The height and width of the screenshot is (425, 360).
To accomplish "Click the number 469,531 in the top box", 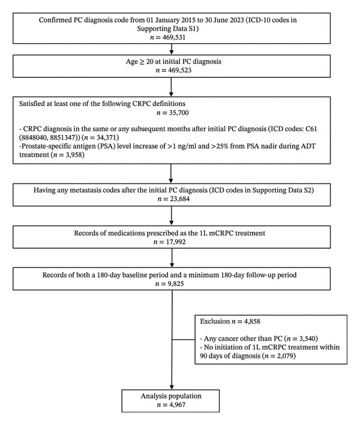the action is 174,37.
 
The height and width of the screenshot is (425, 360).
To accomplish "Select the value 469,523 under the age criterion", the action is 179,70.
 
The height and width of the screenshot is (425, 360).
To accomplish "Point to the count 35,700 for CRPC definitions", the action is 179,113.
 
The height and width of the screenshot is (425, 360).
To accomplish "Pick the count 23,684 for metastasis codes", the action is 179,199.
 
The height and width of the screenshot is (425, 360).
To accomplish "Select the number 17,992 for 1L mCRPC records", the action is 176,242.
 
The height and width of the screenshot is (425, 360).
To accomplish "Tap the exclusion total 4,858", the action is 252,321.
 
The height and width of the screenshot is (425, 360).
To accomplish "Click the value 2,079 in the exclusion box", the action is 285,355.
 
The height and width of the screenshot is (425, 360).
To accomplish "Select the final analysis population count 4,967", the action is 177,405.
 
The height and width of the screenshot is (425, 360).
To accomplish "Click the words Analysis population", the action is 171,396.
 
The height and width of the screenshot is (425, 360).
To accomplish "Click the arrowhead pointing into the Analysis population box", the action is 172,387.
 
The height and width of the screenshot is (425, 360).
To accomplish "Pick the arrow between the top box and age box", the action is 172,49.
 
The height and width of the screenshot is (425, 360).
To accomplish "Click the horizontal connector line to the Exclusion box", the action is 184,339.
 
